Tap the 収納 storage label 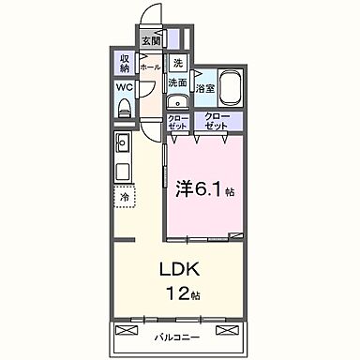[x=124, y=64]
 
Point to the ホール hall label [x=149, y=68]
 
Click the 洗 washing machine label [x=177, y=64]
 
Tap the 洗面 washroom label [x=177, y=82]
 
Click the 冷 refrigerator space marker [x=123, y=197]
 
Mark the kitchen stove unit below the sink [x=122, y=172]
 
